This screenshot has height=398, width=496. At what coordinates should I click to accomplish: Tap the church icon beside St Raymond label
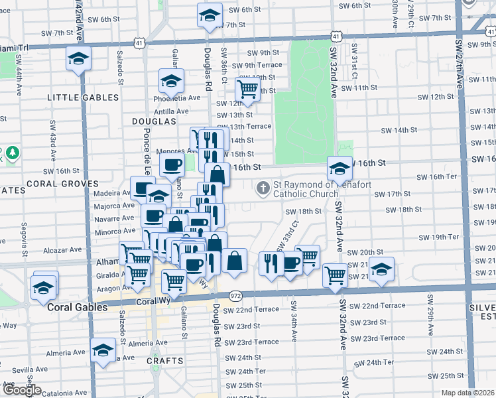[263, 189]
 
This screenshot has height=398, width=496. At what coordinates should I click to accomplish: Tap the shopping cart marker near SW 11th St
[247, 88]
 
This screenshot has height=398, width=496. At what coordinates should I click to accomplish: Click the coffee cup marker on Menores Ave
[172, 165]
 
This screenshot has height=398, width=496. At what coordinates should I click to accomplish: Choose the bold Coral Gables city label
[77, 308]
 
